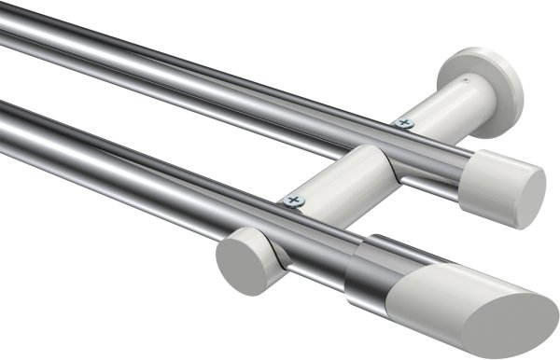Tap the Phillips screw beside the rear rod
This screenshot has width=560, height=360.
[404, 121]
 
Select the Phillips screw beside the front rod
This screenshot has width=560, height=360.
[295, 200]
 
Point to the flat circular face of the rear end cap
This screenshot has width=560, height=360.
[529, 199]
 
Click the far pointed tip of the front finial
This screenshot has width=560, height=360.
[554, 323]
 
